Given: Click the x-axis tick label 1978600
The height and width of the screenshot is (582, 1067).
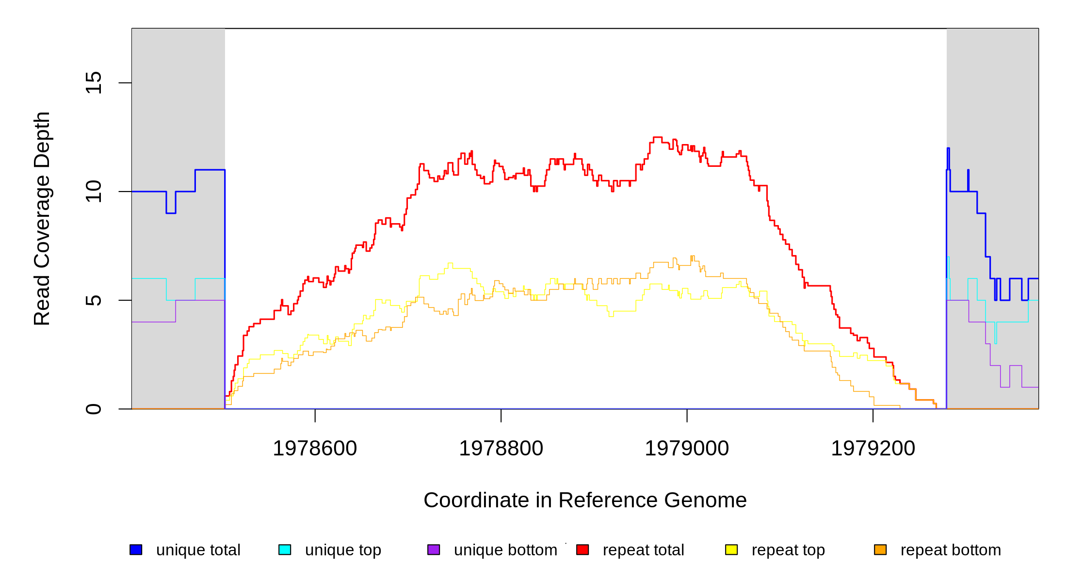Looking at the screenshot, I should point(315,449).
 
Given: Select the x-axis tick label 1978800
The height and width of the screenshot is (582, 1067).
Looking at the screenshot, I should point(501,449).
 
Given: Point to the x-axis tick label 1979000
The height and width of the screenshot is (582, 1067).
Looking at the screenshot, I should point(687,449).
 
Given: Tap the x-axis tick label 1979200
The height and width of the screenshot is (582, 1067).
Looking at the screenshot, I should point(873,449).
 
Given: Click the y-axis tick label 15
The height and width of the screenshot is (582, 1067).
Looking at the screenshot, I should point(93,82).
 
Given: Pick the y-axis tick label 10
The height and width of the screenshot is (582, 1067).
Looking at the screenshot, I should point(93,192).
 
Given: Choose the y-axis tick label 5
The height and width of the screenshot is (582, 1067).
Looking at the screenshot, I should point(93,300).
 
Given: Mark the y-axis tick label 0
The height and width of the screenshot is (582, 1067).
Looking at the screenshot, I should point(93,409).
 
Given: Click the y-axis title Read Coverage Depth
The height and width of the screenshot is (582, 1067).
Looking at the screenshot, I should point(42,218).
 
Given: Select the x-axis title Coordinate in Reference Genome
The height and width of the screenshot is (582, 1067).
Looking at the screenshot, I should point(585,500).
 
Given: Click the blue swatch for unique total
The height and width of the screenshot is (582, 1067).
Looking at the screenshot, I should point(136,550).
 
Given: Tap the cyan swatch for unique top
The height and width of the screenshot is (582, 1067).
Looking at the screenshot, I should point(285,550).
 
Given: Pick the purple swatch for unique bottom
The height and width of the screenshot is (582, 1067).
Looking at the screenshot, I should point(434,550).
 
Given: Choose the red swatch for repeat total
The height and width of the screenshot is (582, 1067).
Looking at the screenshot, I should point(582,550).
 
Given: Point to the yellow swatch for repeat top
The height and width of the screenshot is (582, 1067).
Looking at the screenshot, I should point(731,550).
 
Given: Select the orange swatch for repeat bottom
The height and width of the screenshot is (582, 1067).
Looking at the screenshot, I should point(880,550).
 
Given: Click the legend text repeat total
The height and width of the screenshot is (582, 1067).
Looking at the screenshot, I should point(643,550).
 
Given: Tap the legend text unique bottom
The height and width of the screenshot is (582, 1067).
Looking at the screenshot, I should point(505,550).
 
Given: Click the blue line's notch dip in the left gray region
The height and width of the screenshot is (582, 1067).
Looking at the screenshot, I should point(171,212).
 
